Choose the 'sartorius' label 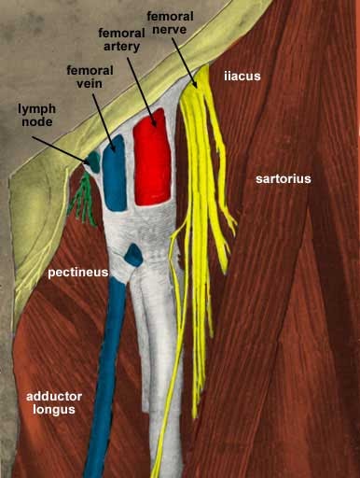(285, 177)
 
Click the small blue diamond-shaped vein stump (132, 253)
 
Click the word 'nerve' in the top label (171, 30)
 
